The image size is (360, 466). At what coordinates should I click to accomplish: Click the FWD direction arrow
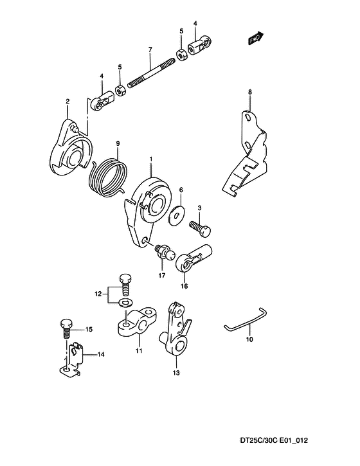(255, 37)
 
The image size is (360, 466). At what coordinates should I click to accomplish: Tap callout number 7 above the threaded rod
(150, 49)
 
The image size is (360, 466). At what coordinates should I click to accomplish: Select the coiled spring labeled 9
(109, 178)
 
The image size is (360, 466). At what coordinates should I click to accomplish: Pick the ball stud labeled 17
(163, 253)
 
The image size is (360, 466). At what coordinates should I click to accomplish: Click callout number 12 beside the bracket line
(98, 294)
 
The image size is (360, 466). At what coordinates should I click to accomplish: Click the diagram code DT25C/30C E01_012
(274, 440)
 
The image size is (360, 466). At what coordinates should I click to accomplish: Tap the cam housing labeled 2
(71, 148)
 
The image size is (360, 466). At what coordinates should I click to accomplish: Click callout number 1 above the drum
(150, 160)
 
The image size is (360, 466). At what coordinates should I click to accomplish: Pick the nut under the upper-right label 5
(181, 55)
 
